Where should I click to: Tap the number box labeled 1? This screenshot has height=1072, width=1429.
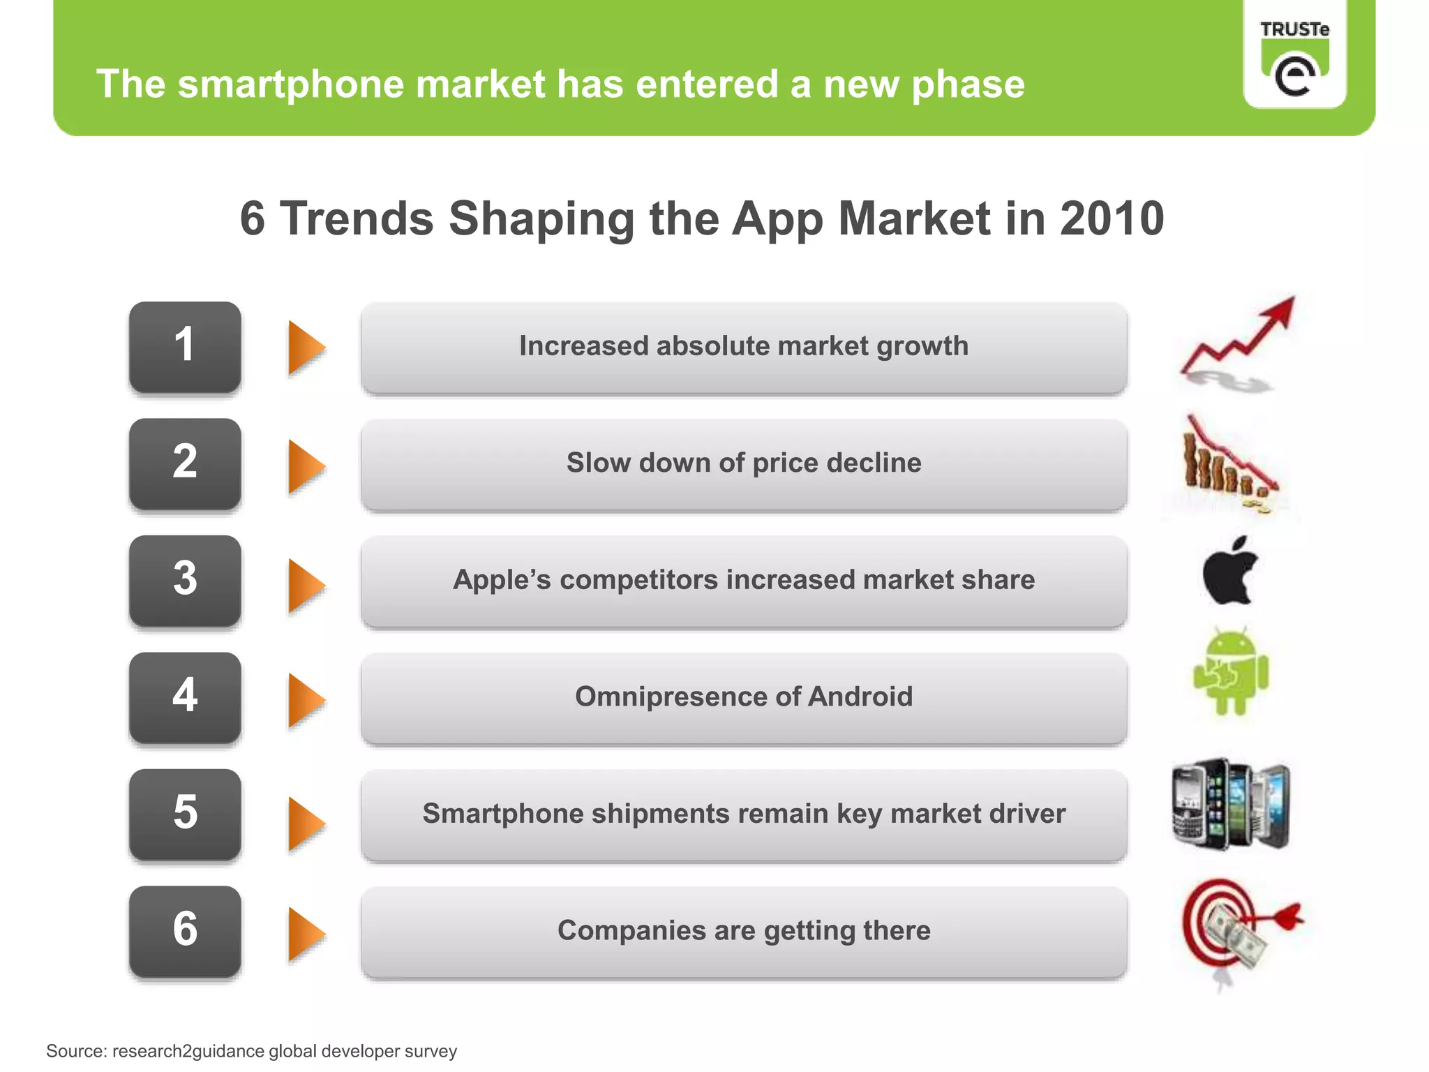tap(185, 346)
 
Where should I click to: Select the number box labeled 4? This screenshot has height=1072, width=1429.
tap(185, 697)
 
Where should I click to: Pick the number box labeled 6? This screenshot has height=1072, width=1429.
tap(185, 930)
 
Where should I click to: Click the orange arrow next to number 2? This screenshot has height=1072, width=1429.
tap(306, 466)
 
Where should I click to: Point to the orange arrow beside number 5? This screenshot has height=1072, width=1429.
tap(306, 824)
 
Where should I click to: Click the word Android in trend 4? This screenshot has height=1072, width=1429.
tap(860, 697)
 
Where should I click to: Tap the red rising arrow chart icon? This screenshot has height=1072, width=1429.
tap(1239, 342)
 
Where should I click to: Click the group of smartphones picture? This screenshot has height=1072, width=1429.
tap(1231, 804)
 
